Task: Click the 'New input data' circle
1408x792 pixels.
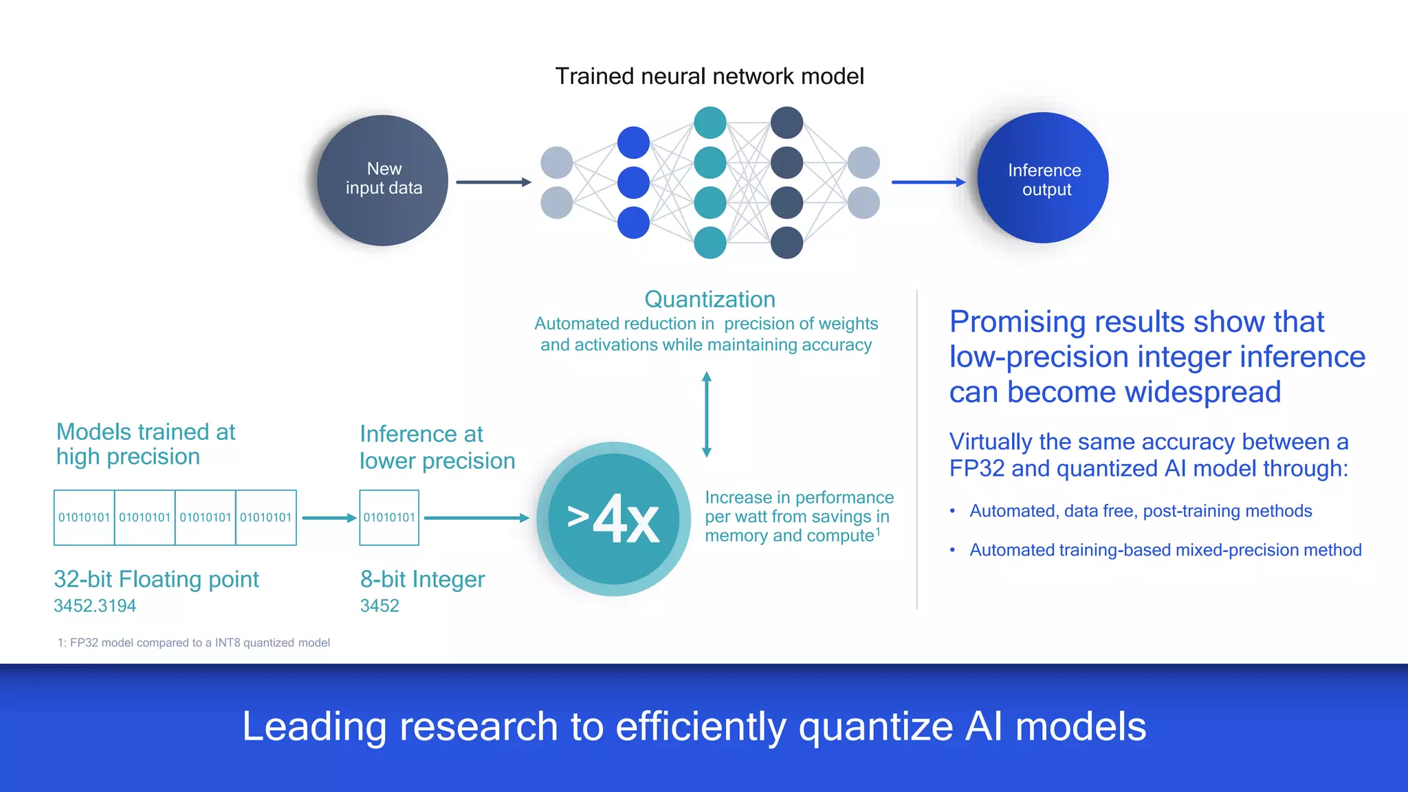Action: click(383, 180)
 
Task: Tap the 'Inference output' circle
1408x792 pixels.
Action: click(1043, 178)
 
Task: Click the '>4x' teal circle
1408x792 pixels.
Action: click(613, 519)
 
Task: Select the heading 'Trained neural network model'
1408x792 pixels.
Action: click(709, 76)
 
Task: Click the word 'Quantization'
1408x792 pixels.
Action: click(709, 299)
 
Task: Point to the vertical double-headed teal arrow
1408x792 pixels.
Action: click(706, 415)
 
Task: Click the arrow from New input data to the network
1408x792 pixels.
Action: click(493, 182)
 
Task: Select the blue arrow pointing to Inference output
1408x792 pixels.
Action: click(928, 182)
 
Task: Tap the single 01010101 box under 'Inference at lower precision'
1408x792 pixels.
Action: click(389, 518)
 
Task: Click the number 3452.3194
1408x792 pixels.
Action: click(95, 606)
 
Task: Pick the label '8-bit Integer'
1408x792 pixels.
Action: click(422, 579)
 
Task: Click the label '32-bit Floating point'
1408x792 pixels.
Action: click(156, 579)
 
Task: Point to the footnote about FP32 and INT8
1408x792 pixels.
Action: click(194, 643)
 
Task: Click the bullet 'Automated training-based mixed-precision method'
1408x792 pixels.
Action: click(1165, 550)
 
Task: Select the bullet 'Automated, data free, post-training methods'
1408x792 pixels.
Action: click(1141, 511)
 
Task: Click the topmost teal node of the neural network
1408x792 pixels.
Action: click(710, 123)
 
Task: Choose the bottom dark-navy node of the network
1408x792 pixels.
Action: click(787, 243)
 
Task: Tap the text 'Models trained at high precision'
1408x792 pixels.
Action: click(146, 444)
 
